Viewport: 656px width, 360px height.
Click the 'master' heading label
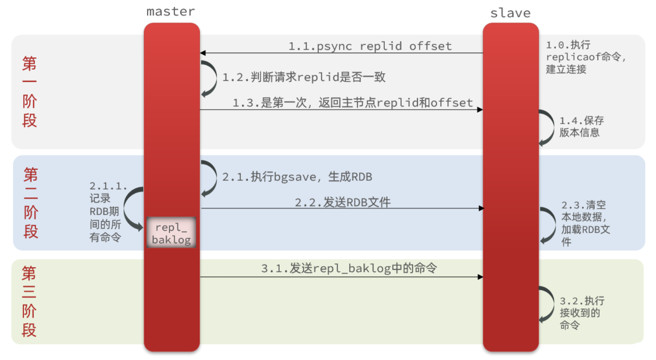tap(170, 12)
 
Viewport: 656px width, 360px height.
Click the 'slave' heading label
tap(510, 13)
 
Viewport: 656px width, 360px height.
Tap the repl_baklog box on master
tap(171, 233)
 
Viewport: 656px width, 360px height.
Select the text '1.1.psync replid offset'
tap(370, 46)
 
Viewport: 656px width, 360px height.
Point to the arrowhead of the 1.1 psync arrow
tap(203, 53)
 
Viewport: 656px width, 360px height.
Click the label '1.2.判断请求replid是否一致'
tap(304, 77)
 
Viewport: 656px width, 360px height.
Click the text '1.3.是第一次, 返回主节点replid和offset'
tap(352, 103)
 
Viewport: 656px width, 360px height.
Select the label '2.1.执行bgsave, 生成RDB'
tap(297, 177)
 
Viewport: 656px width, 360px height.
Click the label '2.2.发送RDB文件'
tap(343, 202)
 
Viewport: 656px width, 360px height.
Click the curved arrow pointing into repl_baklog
tap(131, 209)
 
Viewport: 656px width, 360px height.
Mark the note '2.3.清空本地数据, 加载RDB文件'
tap(585, 223)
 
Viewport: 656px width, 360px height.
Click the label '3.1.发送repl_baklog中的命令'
tap(349, 268)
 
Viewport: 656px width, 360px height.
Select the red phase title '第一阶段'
tap(29, 92)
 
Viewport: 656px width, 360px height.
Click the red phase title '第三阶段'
tap(29, 301)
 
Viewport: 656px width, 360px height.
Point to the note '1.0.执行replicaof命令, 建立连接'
tap(585, 57)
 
